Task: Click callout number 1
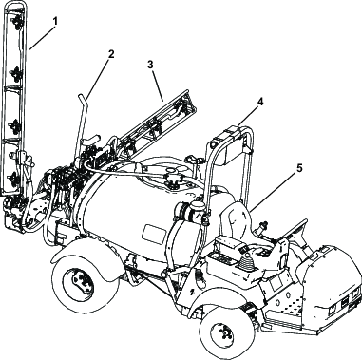coord(55,22)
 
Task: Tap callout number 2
coord(110,54)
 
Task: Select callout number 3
coord(150,65)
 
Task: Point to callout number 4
coord(260,102)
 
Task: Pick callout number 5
coord(299,168)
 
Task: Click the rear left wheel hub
coord(77,280)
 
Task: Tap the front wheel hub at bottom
coord(223,331)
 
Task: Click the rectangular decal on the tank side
coord(154,234)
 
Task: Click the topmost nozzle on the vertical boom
coord(16,21)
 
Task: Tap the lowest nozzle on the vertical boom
coord(15,180)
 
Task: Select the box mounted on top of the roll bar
coord(230,144)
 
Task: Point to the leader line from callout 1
coord(42,38)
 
